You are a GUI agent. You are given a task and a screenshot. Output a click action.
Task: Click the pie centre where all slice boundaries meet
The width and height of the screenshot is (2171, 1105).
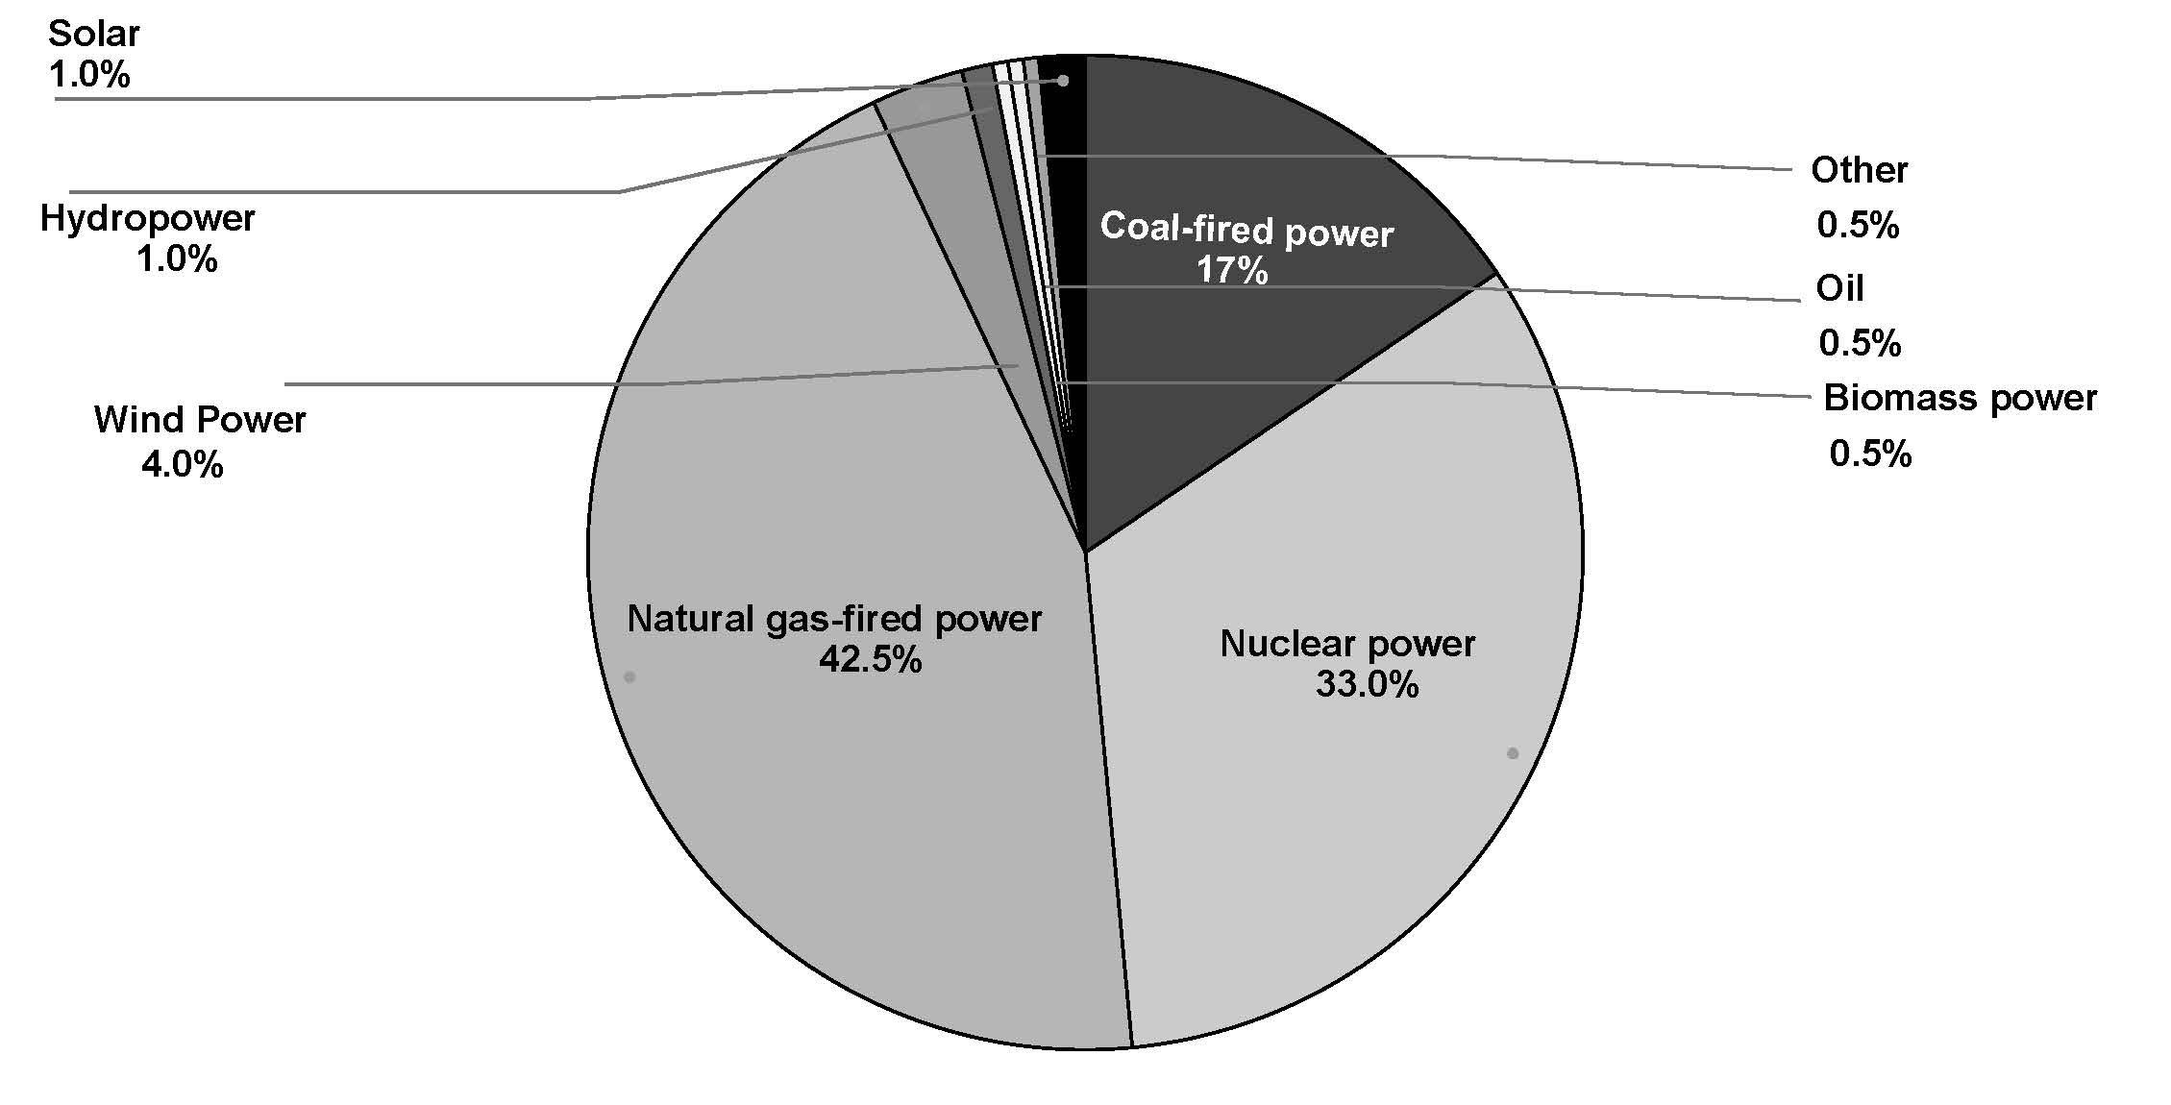tap(1085, 552)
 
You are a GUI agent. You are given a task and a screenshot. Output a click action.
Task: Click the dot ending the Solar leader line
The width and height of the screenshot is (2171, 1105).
tap(1063, 81)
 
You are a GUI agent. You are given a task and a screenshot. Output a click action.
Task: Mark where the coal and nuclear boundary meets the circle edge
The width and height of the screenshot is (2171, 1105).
tap(1497, 274)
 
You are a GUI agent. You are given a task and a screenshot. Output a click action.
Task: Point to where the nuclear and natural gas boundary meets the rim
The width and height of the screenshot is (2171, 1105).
tap(1132, 1047)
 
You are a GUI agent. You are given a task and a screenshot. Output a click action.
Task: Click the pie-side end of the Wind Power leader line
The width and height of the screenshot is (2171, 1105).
tap(1018, 366)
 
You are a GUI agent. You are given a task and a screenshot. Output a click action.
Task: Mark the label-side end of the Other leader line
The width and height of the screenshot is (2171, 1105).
tap(1792, 170)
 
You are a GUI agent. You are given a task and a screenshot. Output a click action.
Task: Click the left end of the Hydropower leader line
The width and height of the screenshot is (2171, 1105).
tap(69, 191)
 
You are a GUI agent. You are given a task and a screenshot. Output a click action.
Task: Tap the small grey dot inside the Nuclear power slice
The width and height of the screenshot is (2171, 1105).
tap(1513, 753)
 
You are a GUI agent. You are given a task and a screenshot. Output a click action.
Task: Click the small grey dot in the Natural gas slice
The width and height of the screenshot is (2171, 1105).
tap(629, 677)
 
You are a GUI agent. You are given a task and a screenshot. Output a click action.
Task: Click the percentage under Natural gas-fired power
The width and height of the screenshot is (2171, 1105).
tap(870, 660)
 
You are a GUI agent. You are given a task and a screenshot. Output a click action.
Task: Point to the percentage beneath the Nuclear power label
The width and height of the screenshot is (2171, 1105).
tap(1367, 685)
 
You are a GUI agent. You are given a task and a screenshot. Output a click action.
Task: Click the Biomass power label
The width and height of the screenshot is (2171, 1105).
tap(1961, 399)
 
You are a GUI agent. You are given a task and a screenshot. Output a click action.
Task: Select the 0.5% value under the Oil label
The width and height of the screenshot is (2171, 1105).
tap(1860, 343)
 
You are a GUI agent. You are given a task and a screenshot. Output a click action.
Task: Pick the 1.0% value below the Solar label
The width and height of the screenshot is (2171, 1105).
tap(89, 75)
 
